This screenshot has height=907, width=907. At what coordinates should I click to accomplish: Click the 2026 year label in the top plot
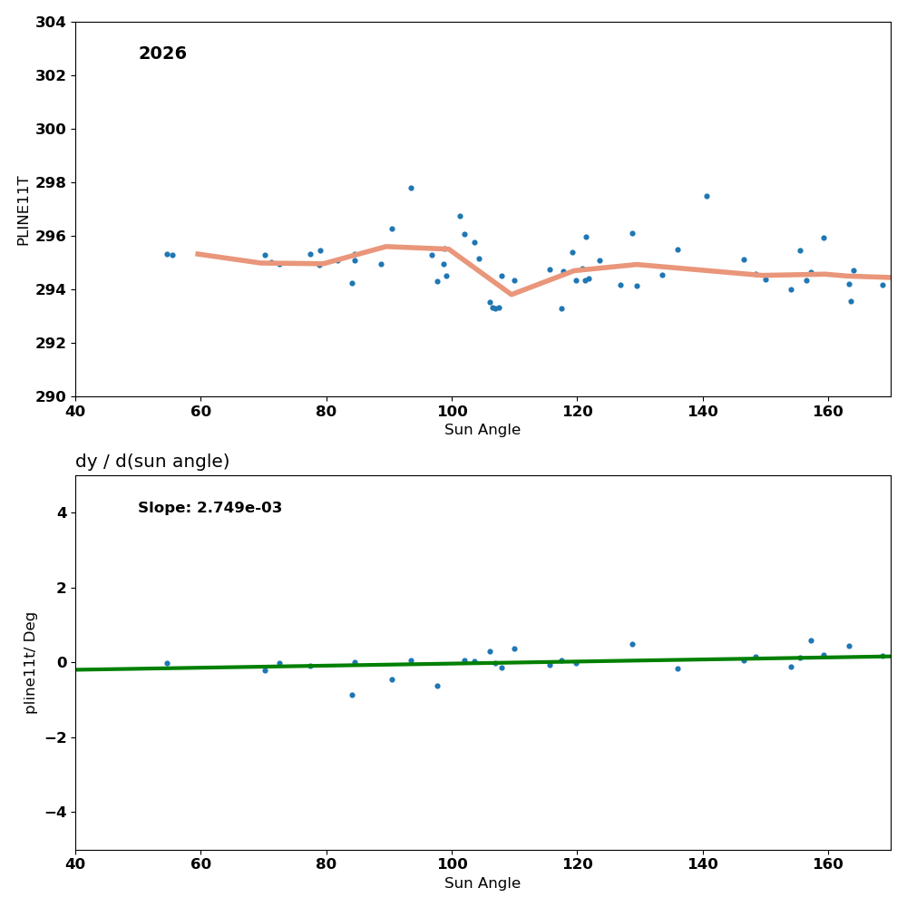(x=162, y=54)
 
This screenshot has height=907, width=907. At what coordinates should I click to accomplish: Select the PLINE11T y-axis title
(x=24, y=210)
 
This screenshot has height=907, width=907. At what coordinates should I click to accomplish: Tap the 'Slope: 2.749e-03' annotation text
(x=210, y=508)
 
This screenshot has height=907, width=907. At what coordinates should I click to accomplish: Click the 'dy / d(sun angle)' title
(x=152, y=462)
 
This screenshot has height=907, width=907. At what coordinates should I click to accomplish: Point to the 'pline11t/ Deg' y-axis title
(x=31, y=662)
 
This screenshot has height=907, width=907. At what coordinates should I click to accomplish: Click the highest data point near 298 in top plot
(x=411, y=188)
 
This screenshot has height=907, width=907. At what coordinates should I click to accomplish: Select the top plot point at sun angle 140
(x=707, y=196)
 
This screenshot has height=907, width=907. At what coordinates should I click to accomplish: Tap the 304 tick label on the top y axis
(x=50, y=22)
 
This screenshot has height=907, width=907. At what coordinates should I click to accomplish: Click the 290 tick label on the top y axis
(x=50, y=396)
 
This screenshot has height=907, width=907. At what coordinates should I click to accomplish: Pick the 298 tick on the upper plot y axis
(x=50, y=182)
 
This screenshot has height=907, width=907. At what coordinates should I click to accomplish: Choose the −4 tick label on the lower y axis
(x=56, y=812)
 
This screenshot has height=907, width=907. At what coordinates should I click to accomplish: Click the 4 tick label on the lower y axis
(x=61, y=512)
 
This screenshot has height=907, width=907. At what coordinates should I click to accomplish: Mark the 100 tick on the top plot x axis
(x=452, y=412)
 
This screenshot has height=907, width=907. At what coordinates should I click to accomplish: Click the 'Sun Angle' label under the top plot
(x=483, y=430)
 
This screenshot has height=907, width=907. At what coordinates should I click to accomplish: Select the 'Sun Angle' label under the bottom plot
(x=483, y=883)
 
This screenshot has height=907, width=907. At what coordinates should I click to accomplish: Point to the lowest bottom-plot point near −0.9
(x=352, y=695)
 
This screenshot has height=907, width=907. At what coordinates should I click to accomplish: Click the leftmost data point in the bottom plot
(x=167, y=663)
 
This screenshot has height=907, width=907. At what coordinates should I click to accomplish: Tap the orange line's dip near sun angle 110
(x=511, y=294)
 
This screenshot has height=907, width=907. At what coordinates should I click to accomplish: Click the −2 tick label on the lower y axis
(x=56, y=737)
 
